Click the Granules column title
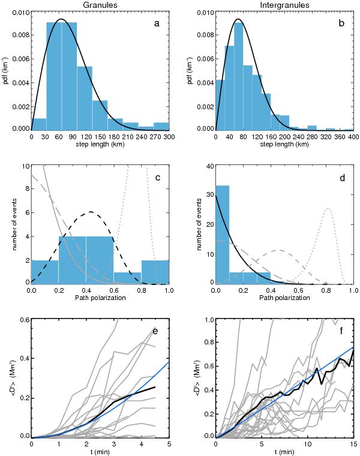(100, 5)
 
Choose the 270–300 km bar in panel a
(161, 126)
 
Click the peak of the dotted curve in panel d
(327, 209)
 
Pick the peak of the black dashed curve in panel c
(90, 212)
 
